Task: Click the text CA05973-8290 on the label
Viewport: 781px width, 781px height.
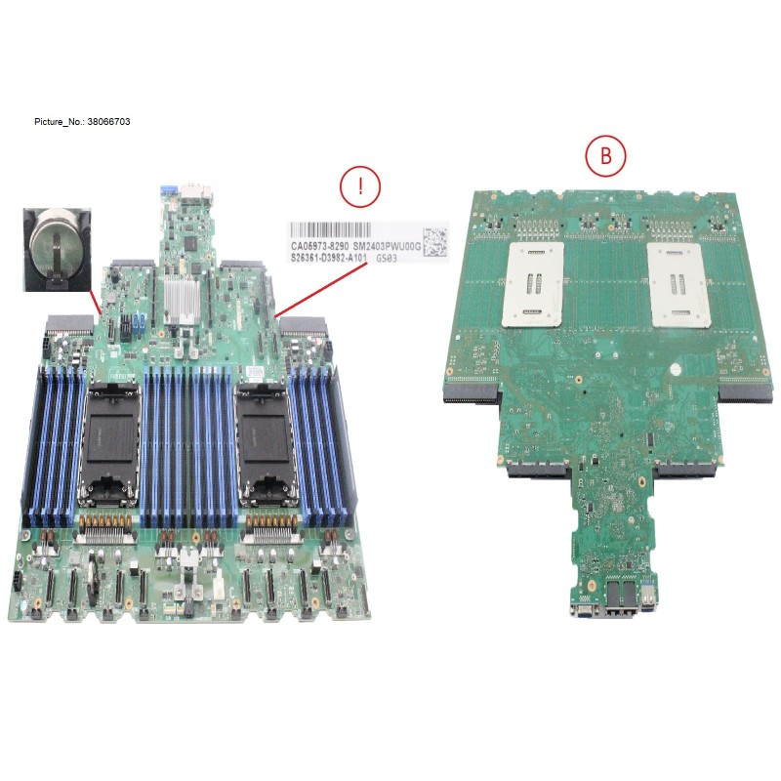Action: (x=319, y=248)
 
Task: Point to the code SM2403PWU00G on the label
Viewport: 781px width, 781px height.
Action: (x=387, y=248)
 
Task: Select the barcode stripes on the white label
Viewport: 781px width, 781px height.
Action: (x=351, y=233)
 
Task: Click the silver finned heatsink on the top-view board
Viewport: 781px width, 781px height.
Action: (x=184, y=300)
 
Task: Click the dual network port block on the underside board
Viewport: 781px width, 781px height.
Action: (x=619, y=596)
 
